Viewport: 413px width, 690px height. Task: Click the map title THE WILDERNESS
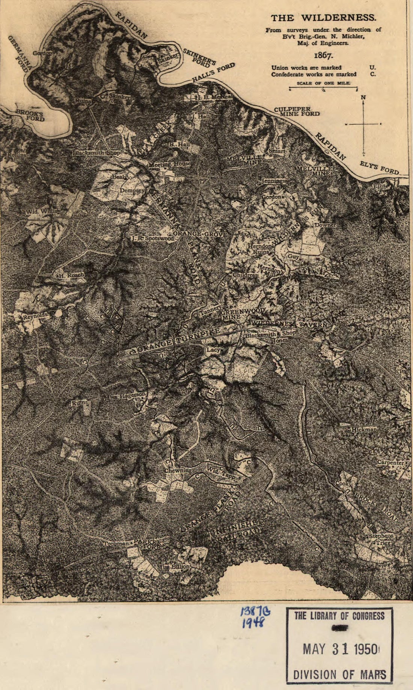click(x=323, y=18)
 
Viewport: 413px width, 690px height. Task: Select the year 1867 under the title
click(x=323, y=56)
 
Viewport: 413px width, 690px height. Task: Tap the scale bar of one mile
click(x=323, y=89)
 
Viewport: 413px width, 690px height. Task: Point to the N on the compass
click(x=363, y=98)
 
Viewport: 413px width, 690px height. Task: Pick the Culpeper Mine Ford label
click(x=297, y=111)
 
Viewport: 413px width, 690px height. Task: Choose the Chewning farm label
click(x=178, y=470)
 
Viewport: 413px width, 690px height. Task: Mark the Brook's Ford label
click(x=30, y=116)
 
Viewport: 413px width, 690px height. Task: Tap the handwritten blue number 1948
click(x=253, y=622)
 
